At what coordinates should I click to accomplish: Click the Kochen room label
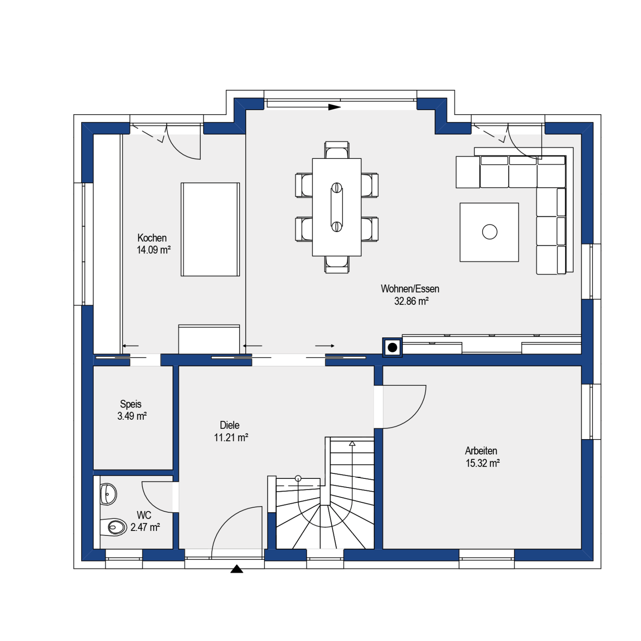click(x=152, y=238)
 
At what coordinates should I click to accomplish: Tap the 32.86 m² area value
click(x=411, y=301)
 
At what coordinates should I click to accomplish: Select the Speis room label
click(x=131, y=404)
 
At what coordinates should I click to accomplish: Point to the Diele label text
click(x=230, y=425)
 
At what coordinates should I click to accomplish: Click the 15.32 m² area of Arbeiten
click(x=483, y=463)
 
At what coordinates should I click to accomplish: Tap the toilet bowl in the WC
click(x=113, y=527)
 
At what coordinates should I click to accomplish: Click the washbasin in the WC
click(x=108, y=494)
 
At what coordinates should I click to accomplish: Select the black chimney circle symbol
click(x=392, y=347)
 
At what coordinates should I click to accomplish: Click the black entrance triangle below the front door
click(x=237, y=569)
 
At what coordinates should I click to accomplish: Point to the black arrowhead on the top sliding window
click(x=334, y=107)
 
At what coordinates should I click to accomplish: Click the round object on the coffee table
click(x=489, y=232)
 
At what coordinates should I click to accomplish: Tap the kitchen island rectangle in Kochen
click(x=210, y=229)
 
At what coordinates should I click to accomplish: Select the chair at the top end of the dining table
click(x=337, y=150)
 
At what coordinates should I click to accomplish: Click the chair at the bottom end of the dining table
click(x=337, y=264)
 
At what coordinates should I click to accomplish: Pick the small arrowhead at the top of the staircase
click(x=352, y=443)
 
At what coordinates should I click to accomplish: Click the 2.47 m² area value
click(x=145, y=527)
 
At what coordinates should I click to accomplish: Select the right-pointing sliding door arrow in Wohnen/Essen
click(x=325, y=346)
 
